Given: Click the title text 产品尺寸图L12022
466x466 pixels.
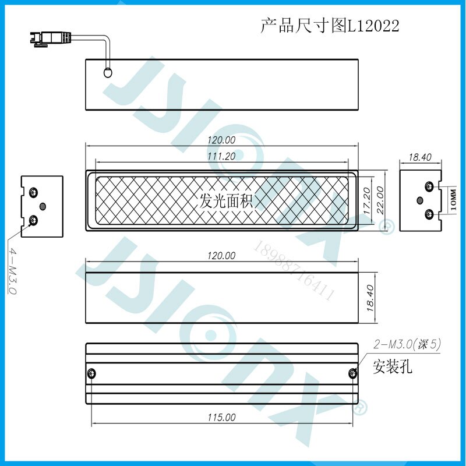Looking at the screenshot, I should (330, 26).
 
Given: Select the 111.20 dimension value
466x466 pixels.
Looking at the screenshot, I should (221, 156).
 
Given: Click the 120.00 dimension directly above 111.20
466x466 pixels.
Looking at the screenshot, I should (221, 140).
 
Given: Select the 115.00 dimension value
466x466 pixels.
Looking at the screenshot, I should (221, 418).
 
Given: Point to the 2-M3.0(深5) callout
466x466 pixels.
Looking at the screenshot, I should (407, 345).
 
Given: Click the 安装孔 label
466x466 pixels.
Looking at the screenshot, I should (393, 367).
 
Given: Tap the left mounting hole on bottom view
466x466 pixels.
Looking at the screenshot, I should (91, 373).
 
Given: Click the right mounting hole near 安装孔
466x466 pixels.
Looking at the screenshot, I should (352, 373).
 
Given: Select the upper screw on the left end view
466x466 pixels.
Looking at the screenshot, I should (34, 192).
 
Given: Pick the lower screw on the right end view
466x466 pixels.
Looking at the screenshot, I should (429, 214).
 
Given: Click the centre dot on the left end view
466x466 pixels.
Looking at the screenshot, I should (42, 206).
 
